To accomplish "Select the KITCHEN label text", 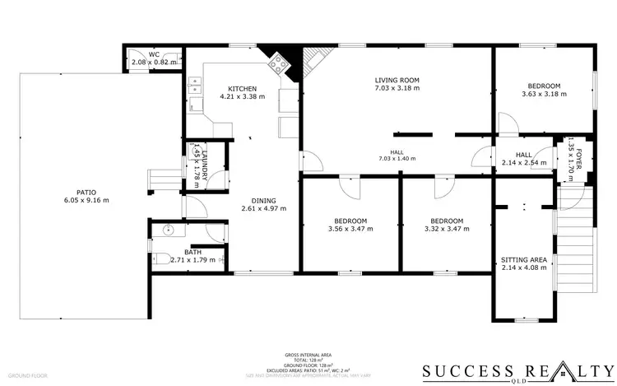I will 242,89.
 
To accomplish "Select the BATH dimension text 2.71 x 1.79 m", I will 193,260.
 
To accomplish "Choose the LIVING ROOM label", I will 397,80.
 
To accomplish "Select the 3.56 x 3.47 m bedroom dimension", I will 350,229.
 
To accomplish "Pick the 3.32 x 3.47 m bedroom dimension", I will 447,229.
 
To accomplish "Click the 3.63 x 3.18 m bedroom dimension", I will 544,94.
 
